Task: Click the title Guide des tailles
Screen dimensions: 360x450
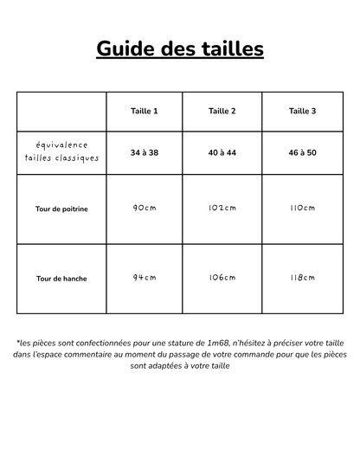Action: coord(180,48)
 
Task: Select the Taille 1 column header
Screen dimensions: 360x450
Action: coord(145,111)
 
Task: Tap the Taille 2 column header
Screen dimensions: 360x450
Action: coord(222,111)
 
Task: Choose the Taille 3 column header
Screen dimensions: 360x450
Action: coord(302,111)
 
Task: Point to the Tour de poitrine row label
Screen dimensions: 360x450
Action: coord(61,209)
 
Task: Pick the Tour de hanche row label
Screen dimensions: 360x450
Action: coord(61,279)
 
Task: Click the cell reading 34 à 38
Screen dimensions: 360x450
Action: coord(145,152)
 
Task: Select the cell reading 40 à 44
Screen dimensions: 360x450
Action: coord(222,152)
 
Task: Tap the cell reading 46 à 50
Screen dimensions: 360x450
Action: coord(302,152)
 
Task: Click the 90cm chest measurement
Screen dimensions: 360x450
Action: coord(145,209)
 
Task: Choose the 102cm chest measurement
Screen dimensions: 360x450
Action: coord(222,209)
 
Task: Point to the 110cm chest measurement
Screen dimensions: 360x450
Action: coord(302,209)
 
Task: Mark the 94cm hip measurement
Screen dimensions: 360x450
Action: coord(145,278)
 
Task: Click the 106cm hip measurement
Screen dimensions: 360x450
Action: coord(222,278)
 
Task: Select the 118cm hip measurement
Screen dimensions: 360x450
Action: coord(302,278)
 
